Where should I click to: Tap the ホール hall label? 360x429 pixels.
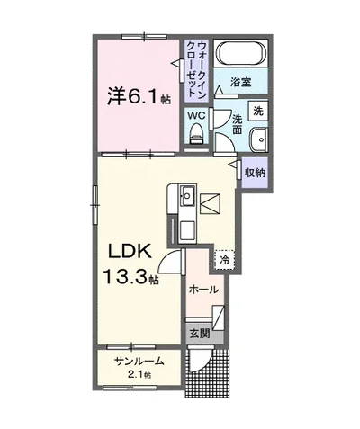click(204, 290)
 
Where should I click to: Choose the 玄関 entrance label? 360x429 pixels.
click(199, 333)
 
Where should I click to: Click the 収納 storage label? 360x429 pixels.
click(255, 172)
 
